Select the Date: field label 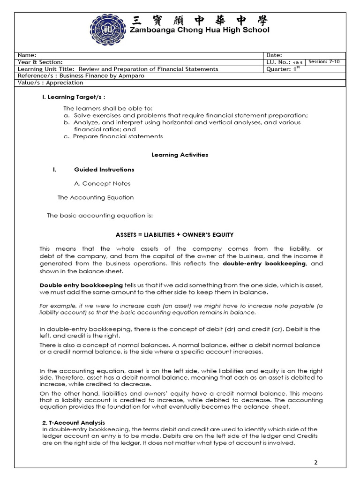click(274, 55)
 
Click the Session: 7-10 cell click(324, 62)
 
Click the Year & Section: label click(40, 62)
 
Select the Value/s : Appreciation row click(50, 82)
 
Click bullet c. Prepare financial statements click(113, 136)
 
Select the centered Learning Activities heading click(180, 155)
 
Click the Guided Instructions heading click(104, 169)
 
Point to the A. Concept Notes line click(102, 183)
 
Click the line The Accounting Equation click(96, 197)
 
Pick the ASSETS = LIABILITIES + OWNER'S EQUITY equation click(174, 234)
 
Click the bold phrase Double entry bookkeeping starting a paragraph click(81, 285)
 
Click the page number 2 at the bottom click(315, 462)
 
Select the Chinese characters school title click(200, 20)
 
